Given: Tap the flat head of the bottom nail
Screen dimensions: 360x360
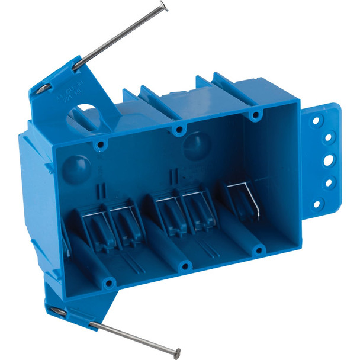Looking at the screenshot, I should (176, 353).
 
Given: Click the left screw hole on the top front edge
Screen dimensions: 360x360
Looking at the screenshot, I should (101, 144).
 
